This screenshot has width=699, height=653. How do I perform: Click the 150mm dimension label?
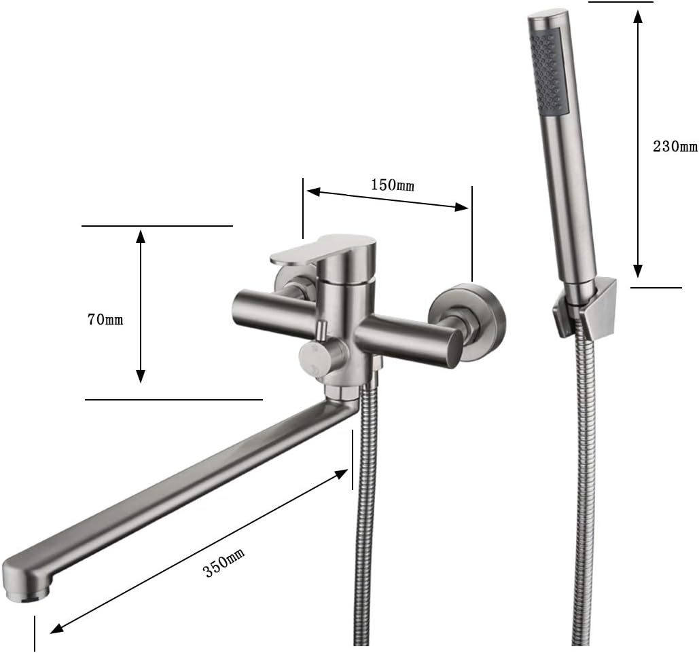click(392, 184)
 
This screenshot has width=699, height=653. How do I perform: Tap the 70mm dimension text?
click(105, 319)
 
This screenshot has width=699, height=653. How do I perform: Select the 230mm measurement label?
click(675, 146)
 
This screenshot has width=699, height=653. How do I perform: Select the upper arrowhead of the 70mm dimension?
click(141, 235)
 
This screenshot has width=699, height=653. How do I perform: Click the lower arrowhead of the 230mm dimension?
click(637, 272)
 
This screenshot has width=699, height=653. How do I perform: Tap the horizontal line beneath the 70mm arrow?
click(173, 399)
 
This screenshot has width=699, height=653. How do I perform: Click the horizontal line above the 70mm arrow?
click(156, 225)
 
